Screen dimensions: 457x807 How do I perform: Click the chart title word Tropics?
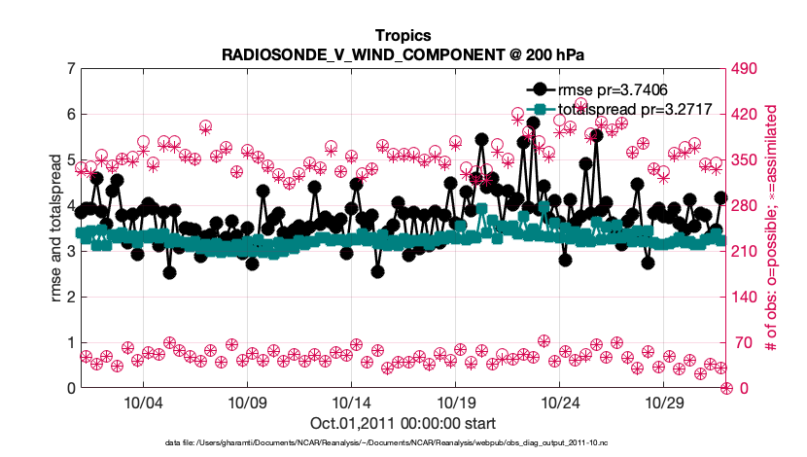tap(403, 37)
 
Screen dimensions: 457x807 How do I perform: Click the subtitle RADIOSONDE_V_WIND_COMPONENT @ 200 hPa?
tap(403, 54)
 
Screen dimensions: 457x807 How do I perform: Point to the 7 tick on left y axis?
tap(71, 69)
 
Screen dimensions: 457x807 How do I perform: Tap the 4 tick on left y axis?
tap(71, 206)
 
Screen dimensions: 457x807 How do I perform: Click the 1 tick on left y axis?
tap(71, 343)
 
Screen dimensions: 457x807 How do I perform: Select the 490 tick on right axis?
tap(748, 69)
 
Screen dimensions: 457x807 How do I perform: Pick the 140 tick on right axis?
tap(748, 298)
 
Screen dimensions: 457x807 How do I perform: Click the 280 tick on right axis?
tap(748, 206)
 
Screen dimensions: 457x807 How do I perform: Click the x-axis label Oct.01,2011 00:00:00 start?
tap(403, 423)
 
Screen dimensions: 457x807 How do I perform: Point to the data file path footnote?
tap(403, 442)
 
